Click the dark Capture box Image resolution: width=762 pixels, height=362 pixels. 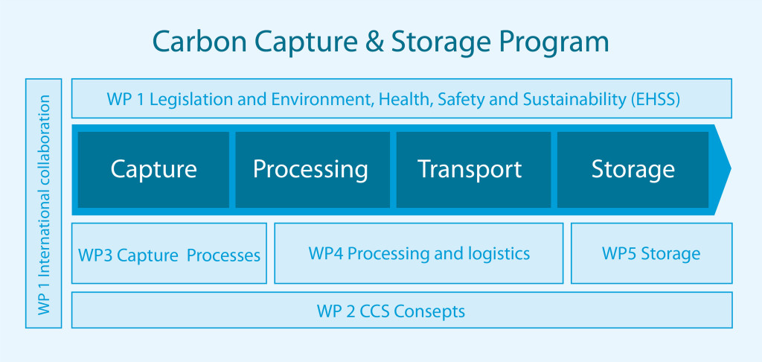pyautogui.click(x=153, y=170)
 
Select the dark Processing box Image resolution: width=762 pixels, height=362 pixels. pyautogui.click(x=313, y=170)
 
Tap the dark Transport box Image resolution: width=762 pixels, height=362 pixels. pyautogui.click(x=474, y=170)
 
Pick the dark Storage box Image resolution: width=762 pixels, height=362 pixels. pyautogui.click(x=633, y=170)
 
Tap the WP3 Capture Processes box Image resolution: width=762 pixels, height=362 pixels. pyautogui.click(x=169, y=253)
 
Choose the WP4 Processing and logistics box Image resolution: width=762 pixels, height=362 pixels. pyautogui.click(x=419, y=253)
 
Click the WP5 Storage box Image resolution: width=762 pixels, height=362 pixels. pyautogui.click(x=652, y=253)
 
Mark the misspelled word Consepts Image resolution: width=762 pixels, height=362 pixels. pyautogui.click(x=429, y=311)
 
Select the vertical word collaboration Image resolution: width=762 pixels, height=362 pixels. pyautogui.click(x=44, y=139)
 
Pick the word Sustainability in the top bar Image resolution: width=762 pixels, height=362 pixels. pyautogui.click(x=575, y=100)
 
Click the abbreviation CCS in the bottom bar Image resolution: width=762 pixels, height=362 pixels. pyautogui.click(x=375, y=311)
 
